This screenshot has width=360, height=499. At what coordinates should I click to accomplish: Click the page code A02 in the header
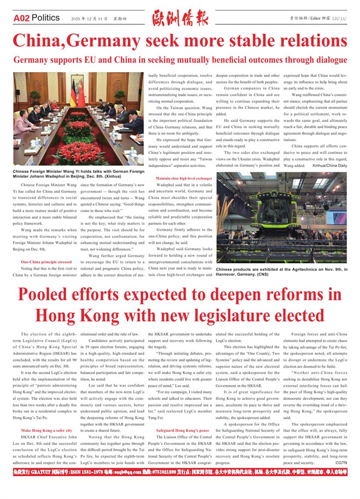coord(22,18)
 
